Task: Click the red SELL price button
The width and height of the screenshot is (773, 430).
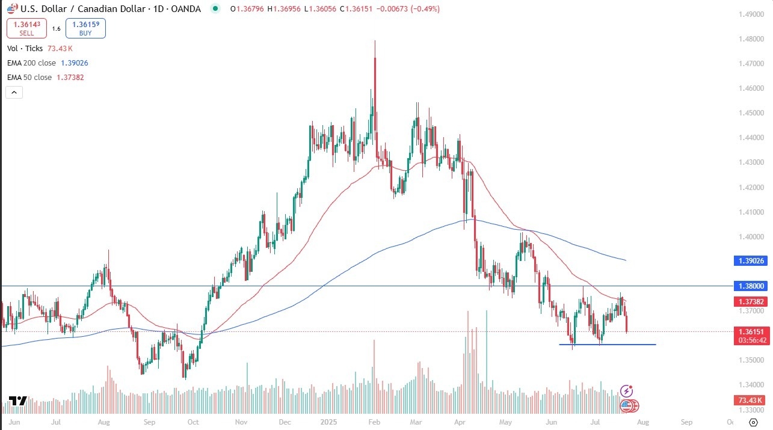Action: point(26,29)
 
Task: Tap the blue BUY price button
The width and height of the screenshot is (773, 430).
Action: point(85,29)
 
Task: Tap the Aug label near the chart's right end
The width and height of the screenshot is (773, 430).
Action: point(642,422)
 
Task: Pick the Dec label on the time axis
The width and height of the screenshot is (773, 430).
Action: point(286,422)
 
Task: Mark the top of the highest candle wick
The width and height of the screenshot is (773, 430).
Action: point(375,41)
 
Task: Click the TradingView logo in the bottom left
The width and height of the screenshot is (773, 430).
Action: point(17,401)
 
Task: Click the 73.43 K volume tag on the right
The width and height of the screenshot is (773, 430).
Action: point(749,401)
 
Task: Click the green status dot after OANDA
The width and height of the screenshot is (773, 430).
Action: point(215,9)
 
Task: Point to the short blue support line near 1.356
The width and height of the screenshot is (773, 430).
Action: point(607,345)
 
